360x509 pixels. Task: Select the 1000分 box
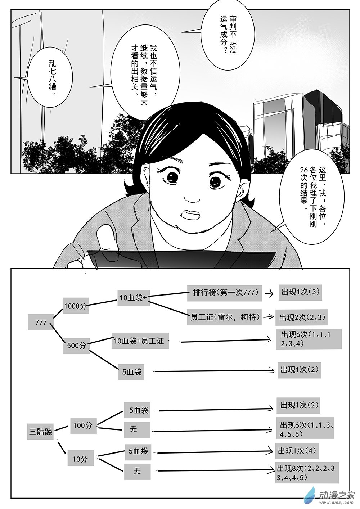click(x=75, y=306)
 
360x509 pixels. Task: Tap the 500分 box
click(x=76, y=345)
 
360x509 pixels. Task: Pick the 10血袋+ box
click(x=133, y=298)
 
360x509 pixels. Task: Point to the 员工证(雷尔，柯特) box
click(x=224, y=317)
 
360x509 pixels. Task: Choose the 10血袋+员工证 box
click(x=139, y=341)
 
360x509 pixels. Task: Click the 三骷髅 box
click(x=40, y=431)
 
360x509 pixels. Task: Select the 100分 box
click(x=83, y=425)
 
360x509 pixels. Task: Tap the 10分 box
click(x=80, y=459)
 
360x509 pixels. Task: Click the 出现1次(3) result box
click(x=300, y=292)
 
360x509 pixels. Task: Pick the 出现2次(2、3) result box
click(x=302, y=317)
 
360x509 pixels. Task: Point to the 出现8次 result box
click(x=307, y=473)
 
